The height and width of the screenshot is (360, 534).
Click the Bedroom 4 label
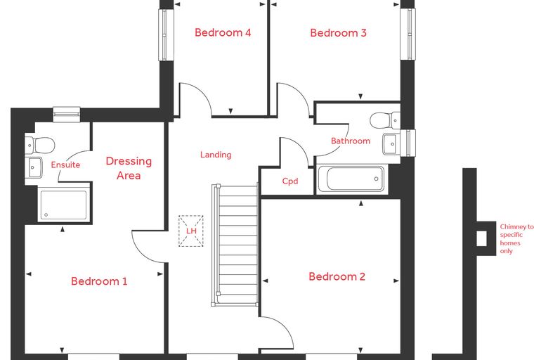click(x=223, y=32)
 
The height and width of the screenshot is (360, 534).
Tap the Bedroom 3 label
click(x=338, y=33)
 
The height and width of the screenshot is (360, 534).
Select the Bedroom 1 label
click(x=99, y=281)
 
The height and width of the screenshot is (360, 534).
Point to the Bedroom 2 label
click(x=337, y=276)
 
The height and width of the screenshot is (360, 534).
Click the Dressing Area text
click(x=129, y=168)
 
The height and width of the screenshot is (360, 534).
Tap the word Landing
click(x=216, y=155)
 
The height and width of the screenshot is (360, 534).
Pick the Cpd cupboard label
click(x=290, y=181)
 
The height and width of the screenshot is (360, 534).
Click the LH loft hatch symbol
click(x=191, y=231)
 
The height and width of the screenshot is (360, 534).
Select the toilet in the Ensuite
click(x=40, y=145)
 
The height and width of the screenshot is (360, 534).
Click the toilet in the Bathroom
click(x=385, y=120)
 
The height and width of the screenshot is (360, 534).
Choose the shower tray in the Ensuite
click(x=64, y=205)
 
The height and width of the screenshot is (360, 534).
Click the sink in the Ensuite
click(x=34, y=167)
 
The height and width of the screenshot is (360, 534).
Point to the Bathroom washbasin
click(x=391, y=144)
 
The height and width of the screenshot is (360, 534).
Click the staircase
click(x=235, y=245)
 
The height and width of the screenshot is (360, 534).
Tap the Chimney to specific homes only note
click(x=516, y=238)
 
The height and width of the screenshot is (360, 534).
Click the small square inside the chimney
click(x=481, y=238)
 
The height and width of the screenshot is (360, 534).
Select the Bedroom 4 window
click(x=164, y=34)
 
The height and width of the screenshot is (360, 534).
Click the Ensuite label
click(x=65, y=165)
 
